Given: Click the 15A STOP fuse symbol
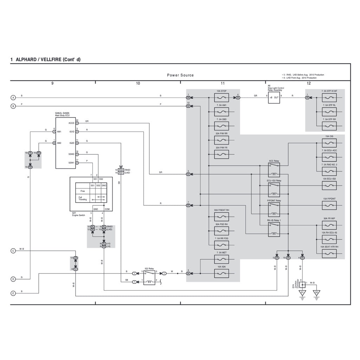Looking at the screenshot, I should pos(221,98).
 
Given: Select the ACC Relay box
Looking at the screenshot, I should pos(274,170).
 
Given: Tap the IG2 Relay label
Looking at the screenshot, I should pos(149,268).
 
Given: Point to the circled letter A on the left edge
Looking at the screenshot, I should pos(13,97).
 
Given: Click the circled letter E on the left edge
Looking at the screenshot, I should pos(13,293).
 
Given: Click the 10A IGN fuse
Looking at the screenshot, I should pos(221,273).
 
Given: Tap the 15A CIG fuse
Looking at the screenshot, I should pos(329,143).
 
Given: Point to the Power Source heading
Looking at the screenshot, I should pos(180,75).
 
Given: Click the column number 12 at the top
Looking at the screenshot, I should pos(309,83).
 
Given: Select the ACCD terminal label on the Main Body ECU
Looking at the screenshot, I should pos(71,123).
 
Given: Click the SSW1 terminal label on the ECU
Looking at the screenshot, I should pos(71,163).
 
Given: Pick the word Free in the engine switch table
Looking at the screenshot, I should pos(83,191).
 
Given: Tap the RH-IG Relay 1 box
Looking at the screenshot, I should pos(274,230).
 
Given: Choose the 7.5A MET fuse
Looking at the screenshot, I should pos(221,259).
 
